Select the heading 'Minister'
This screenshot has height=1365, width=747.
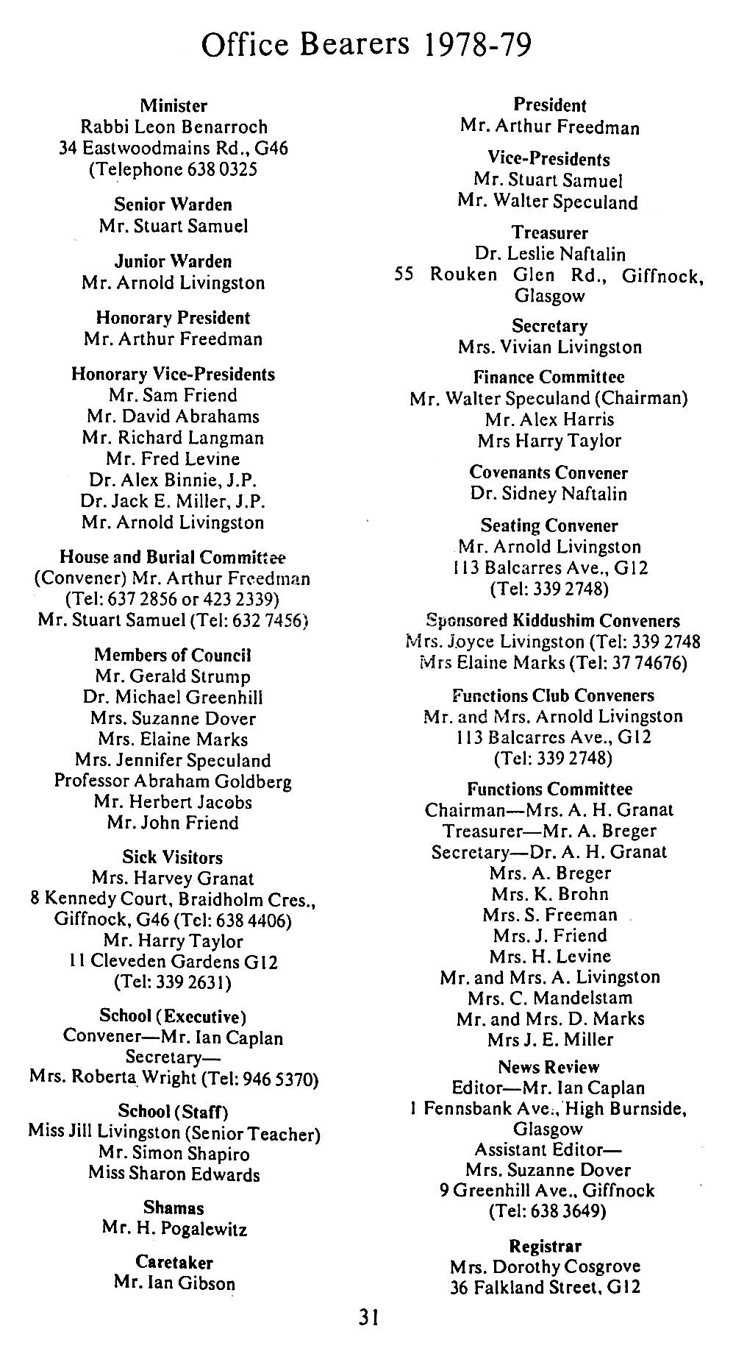click(x=174, y=106)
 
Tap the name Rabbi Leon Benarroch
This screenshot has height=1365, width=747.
click(x=174, y=127)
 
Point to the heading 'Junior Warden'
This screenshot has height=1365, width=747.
click(x=174, y=261)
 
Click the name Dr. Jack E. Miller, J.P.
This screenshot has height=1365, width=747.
click(x=173, y=501)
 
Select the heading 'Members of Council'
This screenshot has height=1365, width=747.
click(x=173, y=655)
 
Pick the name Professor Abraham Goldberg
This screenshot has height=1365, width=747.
click(x=173, y=781)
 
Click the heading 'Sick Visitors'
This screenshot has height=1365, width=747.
click(x=173, y=857)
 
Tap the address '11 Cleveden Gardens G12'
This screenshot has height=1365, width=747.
click(x=173, y=962)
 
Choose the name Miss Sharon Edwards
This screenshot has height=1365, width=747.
click(x=174, y=1174)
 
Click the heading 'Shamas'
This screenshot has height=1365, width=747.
click(x=174, y=1208)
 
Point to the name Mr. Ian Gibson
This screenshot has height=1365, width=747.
click(x=174, y=1283)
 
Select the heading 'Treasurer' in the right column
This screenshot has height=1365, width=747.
click(x=550, y=233)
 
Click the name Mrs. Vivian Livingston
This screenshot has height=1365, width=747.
click(x=550, y=347)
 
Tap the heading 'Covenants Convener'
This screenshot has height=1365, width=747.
click(x=549, y=472)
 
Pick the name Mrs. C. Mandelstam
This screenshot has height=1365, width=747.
click(x=550, y=998)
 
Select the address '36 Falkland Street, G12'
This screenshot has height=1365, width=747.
click(x=546, y=1287)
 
